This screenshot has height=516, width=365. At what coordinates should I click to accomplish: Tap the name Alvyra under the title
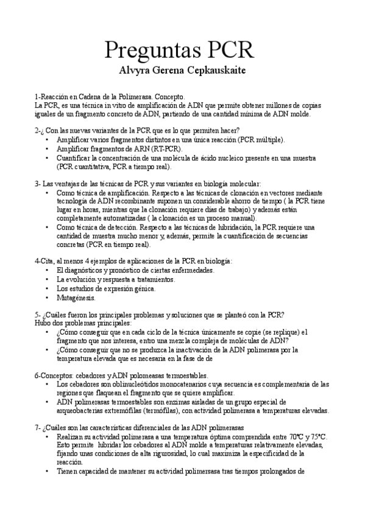135,71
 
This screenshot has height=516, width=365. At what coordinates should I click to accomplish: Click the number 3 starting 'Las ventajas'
37,183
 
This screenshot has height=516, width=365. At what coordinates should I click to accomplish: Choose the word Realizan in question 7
71,438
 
